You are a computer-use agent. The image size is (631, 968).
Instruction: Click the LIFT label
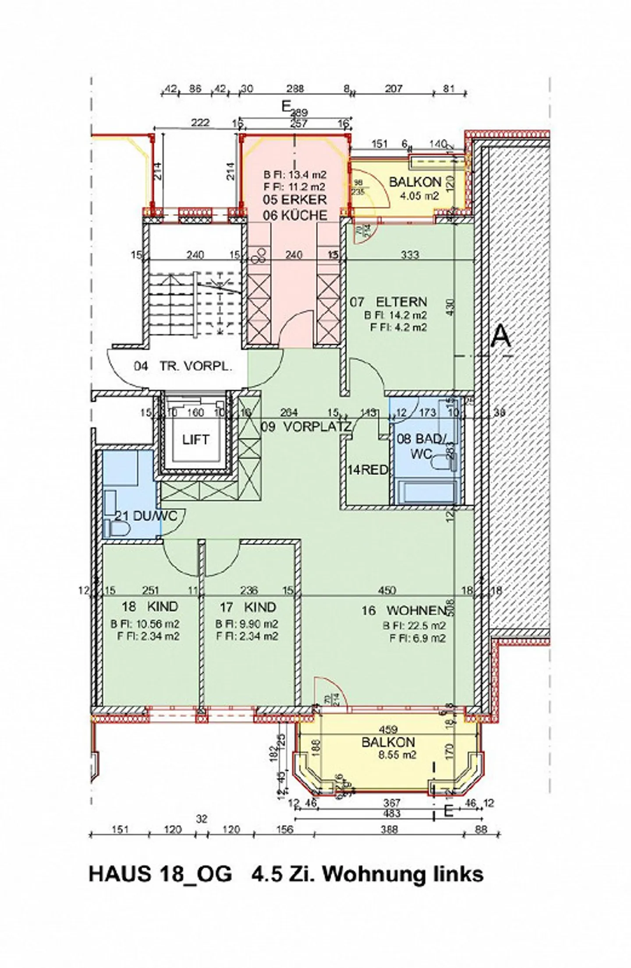click(195, 440)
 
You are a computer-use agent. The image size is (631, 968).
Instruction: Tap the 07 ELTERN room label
click(388, 302)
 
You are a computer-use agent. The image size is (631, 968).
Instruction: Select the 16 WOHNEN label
click(404, 610)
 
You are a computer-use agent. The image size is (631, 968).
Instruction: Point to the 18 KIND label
click(150, 606)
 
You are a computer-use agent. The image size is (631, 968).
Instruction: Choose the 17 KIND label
click(248, 607)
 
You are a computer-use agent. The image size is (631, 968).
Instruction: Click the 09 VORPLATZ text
click(306, 427)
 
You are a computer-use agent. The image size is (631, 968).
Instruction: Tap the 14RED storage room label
click(367, 470)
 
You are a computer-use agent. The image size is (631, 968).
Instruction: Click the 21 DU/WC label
click(145, 516)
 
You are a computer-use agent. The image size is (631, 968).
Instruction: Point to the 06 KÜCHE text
click(295, 215)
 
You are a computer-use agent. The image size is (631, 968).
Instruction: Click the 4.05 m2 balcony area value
click(420, 196)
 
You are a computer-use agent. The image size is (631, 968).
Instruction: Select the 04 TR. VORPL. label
click(183, 367)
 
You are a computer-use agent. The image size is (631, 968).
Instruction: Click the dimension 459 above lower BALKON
click(388, 729)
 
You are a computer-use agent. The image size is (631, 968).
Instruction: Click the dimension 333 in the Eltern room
click(410, 254)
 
